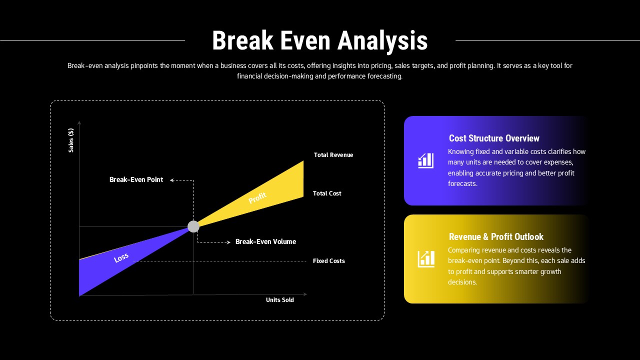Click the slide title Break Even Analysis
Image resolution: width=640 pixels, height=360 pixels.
pos(319,40)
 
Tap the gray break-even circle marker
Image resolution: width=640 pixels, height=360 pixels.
pos(193,226)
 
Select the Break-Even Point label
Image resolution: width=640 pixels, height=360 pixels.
pos(136,179)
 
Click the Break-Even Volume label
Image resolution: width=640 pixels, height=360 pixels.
pos(265,241)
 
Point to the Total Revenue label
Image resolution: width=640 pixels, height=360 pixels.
pos(333,155)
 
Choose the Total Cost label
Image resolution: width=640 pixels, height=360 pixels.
pos(327,193)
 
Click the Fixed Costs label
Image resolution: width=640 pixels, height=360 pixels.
pos(328,261)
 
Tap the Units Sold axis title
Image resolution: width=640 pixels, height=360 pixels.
pos(279,300)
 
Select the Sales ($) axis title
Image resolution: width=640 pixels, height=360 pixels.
pos(71,140)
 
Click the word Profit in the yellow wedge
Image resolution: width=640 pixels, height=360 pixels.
pos(257,198)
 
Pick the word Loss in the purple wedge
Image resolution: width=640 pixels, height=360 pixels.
pos(121,258)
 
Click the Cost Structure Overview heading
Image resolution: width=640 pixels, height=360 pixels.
pos(494,138)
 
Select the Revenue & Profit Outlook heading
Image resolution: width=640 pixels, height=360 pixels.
pos(496,237)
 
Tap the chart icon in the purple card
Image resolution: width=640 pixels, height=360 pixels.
pos(426,160)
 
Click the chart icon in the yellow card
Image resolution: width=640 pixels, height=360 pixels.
pos(426,259)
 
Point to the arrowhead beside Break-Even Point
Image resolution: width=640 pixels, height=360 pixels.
pos(171,180)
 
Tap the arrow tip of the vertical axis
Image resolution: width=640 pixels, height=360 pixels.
pos(79,122)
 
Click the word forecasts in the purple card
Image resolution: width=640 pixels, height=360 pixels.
pos(462,183)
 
